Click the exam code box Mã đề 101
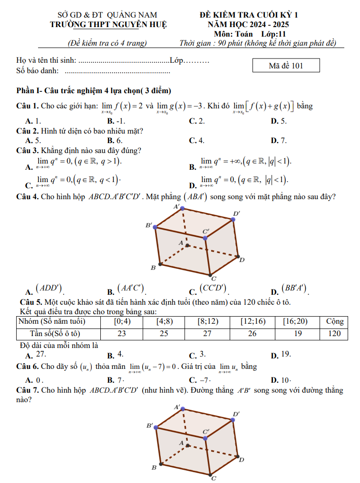point(286,66)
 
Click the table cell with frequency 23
point(122,333)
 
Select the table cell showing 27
point(207,333)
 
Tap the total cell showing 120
point(334,333)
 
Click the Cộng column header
point(334,322)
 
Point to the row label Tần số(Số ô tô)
point(57,333)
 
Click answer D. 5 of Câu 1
point(279,121)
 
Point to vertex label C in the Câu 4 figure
point(214,279)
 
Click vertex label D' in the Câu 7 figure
point(236,414)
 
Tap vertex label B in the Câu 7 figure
point(154,468)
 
